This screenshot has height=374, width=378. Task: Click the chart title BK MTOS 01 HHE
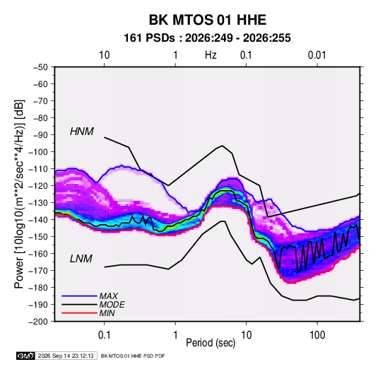208,20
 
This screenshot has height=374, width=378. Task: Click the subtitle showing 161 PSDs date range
207,38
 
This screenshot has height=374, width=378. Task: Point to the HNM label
82,132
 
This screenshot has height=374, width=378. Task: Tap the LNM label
81,259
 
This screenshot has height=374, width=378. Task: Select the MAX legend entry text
109,296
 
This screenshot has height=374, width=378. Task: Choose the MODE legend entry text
112,305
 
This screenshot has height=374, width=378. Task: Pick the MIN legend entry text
107,313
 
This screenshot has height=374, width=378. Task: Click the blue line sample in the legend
79,296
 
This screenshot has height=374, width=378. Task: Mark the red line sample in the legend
79,313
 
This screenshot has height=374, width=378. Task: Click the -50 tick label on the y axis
40,67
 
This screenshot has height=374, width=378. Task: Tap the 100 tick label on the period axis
317,335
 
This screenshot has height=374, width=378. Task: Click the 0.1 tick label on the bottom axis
104,335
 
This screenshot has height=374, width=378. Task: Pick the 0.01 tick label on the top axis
317,55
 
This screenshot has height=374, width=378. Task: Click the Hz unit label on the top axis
211,55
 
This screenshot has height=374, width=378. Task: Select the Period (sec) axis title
211,343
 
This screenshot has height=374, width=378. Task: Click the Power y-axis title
19,194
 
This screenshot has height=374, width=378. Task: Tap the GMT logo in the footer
25,356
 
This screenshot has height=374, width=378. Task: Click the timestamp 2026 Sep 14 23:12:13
66,356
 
